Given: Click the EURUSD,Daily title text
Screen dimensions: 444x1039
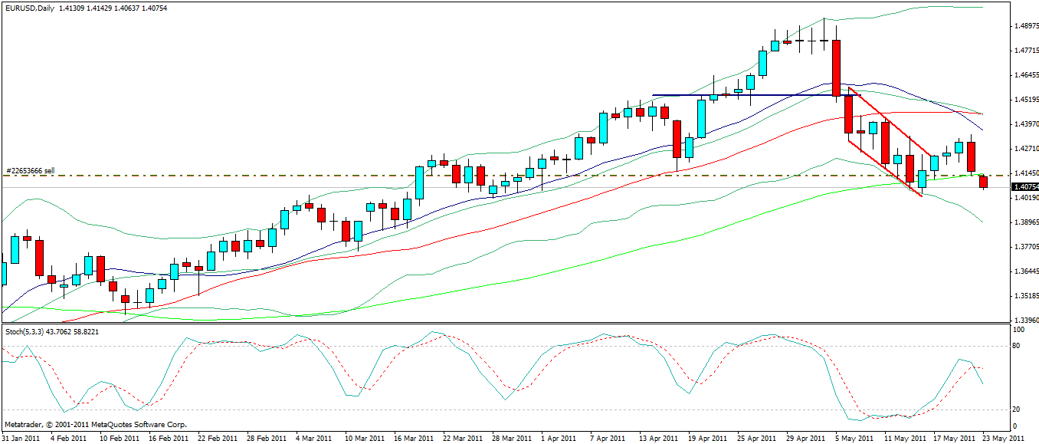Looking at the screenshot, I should tap(28, 8).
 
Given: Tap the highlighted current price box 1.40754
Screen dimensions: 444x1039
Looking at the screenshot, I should tap(1024, 186).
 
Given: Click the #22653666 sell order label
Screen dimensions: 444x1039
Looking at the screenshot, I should tap(30, 170).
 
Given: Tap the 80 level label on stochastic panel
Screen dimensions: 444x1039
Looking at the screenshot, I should tap(1017, 346).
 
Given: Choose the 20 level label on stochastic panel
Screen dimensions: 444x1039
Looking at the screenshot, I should tap(1017, 409).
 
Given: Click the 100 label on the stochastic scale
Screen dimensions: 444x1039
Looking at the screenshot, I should tap(1018, 330).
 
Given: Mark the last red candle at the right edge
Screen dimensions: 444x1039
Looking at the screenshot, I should tap(983, 182).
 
